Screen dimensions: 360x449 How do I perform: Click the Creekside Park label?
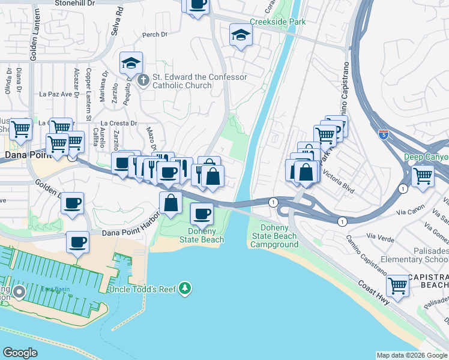coord(278,22)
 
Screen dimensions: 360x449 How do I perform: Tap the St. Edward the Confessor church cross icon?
coord(143,79)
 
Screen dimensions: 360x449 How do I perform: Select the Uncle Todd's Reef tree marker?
coord(185,289)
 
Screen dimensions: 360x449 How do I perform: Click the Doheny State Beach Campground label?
coord(274,236)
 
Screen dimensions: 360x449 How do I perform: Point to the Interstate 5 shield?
coord(384,133)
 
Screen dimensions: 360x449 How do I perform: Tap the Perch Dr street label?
coord(155,35)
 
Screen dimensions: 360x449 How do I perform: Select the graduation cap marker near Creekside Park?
coord(241,35)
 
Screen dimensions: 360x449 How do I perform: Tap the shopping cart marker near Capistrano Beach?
coord(397,285)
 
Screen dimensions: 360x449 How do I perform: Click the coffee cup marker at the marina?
coord(77,243)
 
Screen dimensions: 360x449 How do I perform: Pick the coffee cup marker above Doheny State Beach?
coord(202,213)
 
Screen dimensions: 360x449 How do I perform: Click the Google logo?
coord(20,352)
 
